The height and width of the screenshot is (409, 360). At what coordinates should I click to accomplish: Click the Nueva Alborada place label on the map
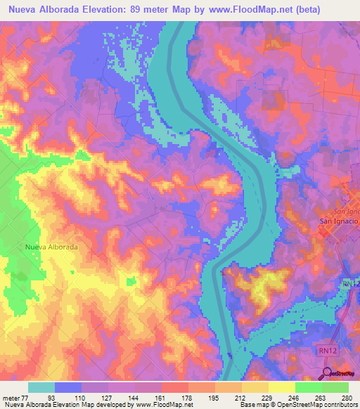[x=51, y=247]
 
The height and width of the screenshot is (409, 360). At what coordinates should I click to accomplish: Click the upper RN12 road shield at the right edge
[x=351, y=283]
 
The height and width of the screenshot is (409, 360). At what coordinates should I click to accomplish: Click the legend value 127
[x=108, y=398]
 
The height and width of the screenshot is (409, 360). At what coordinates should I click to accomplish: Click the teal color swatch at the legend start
[x=41, y=387]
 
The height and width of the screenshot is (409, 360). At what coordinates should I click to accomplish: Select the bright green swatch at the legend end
[x=335, y=387]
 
